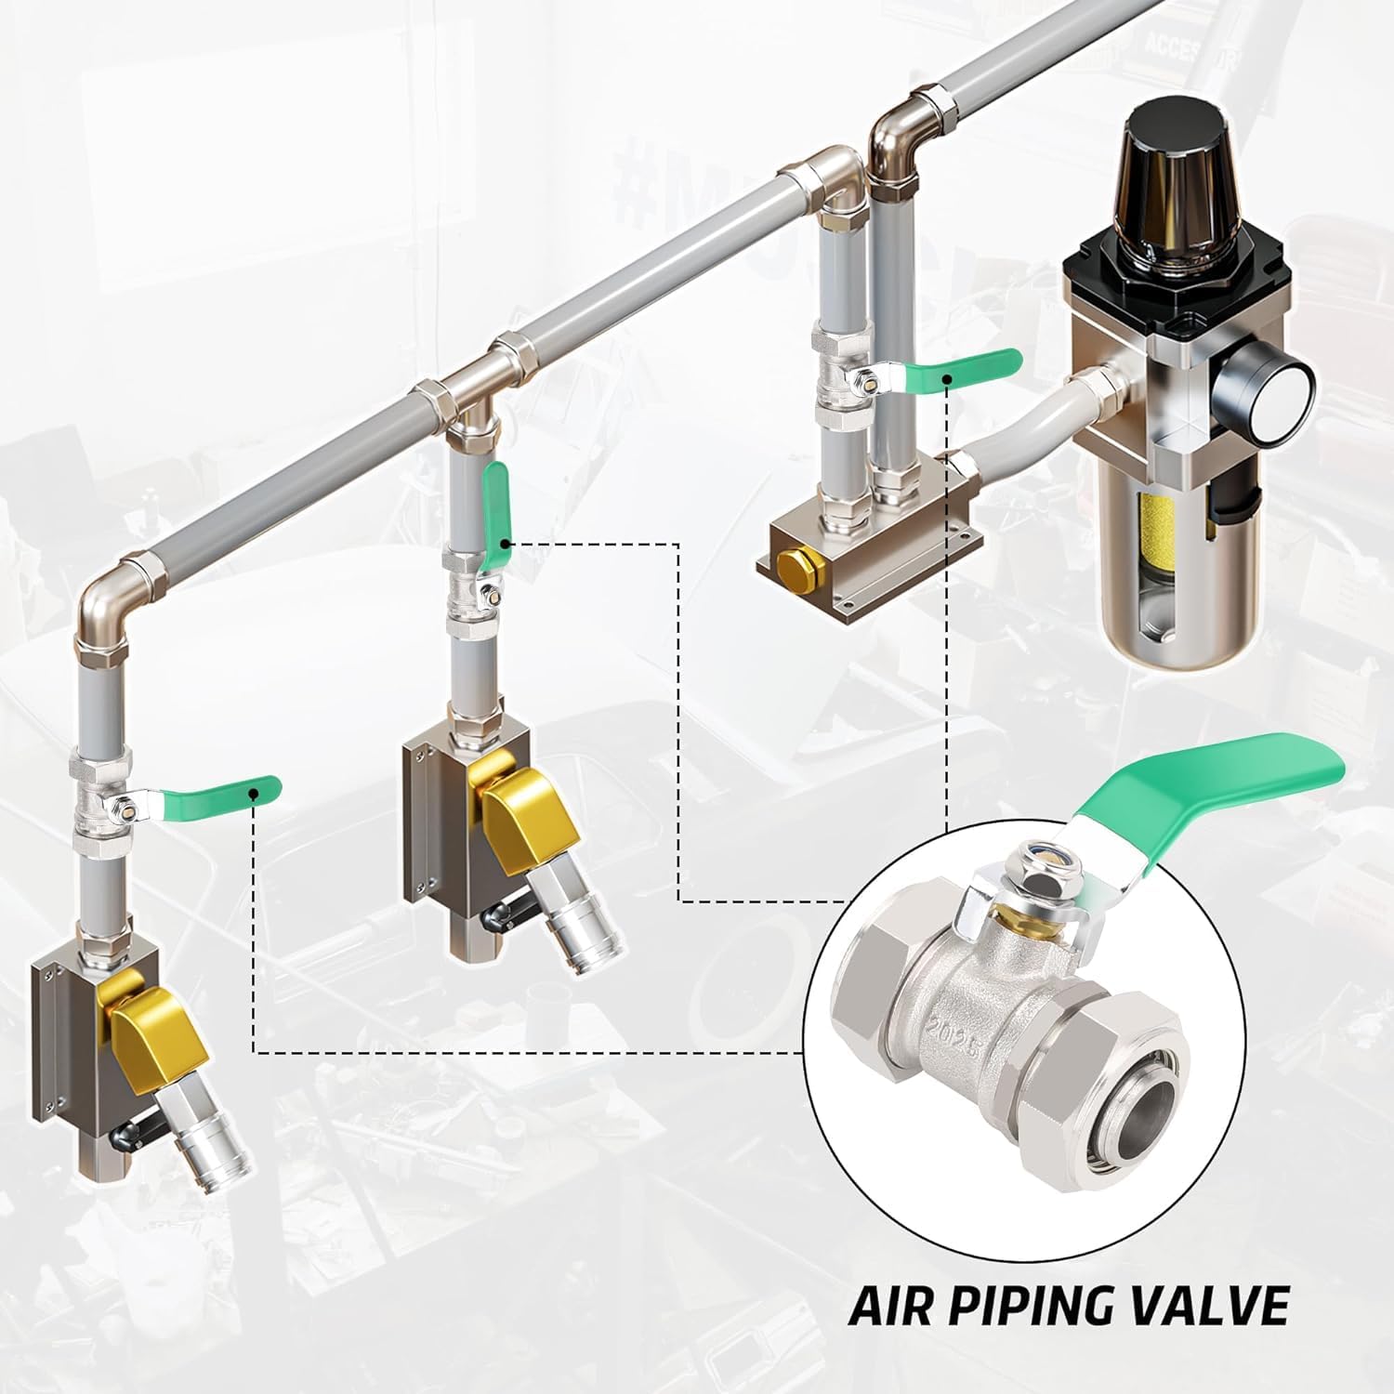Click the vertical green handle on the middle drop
tap(497, 500)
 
